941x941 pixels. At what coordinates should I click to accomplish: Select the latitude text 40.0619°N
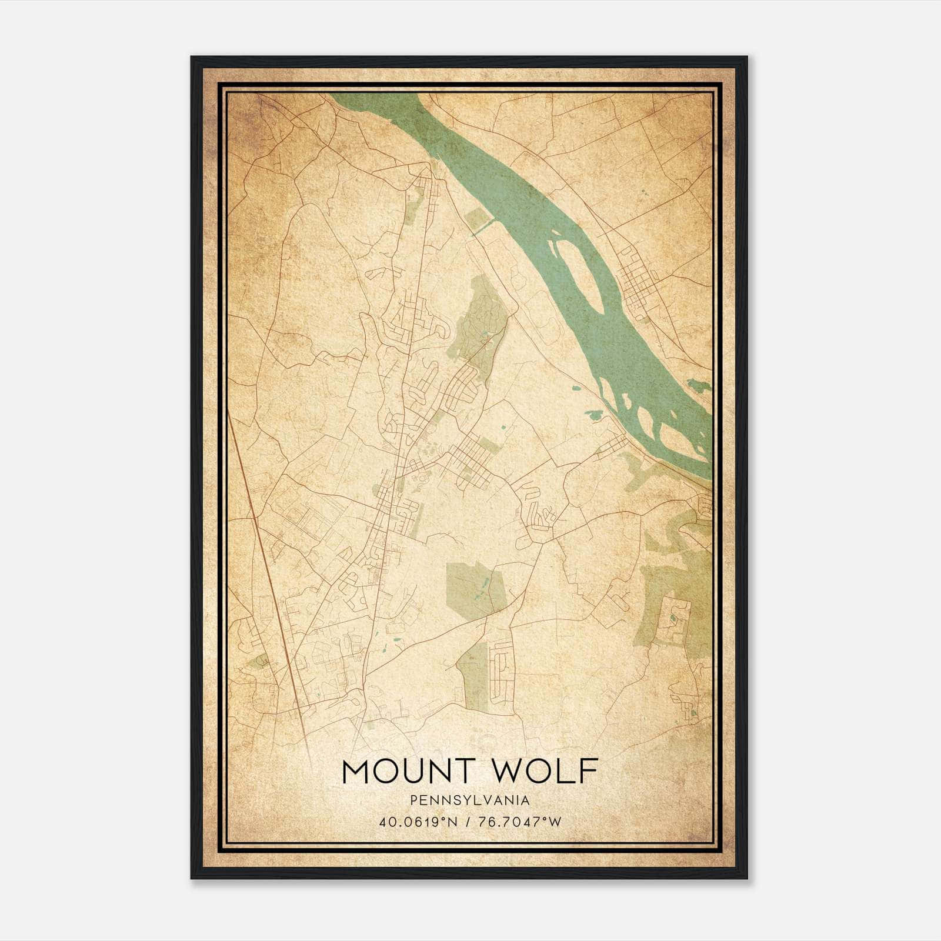418,822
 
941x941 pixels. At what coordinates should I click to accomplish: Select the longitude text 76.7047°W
521,822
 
